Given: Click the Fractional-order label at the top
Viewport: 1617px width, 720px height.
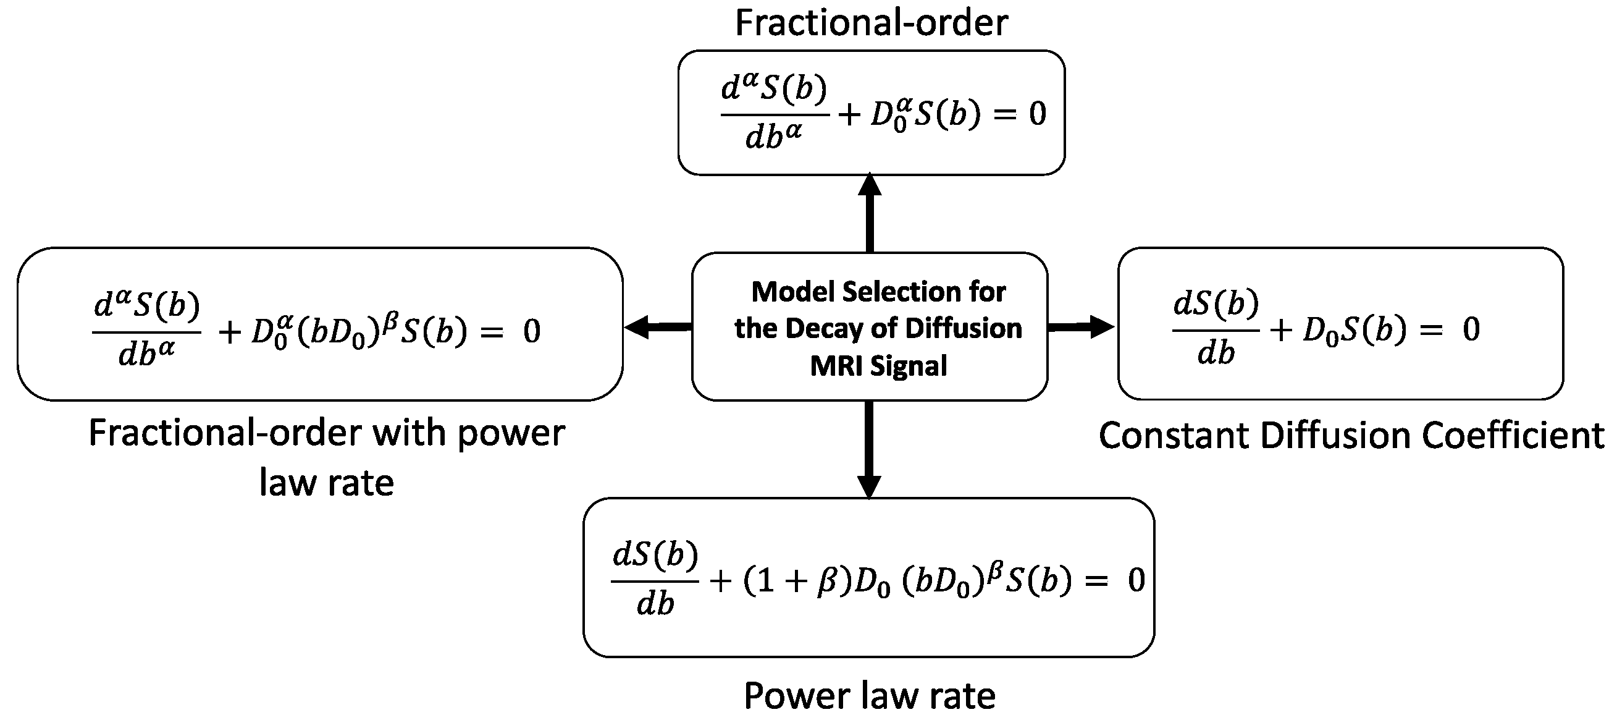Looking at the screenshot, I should [871, 23].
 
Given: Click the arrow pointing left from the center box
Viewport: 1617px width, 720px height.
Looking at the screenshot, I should [658, 327].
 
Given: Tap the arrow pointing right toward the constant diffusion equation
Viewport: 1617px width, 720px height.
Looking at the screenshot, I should [1081, 327].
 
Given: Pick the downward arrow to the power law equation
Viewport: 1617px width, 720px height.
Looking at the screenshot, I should [870, 449].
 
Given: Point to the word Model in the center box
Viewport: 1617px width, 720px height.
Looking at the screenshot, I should [792, 292].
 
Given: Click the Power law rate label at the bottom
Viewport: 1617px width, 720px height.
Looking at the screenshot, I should [870, 696].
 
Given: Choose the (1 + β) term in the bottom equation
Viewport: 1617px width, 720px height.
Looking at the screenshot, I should [797, 581].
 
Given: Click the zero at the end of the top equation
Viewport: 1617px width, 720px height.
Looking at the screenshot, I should [1037, 114].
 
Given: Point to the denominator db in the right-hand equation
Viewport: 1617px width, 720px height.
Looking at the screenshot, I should [1216, 354].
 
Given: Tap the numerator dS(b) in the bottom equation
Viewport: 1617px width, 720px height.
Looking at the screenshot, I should [655, 556].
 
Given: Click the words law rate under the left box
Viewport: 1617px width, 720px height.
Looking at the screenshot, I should [326, 483].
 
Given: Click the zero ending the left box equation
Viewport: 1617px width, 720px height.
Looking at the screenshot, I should [532, 331].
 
